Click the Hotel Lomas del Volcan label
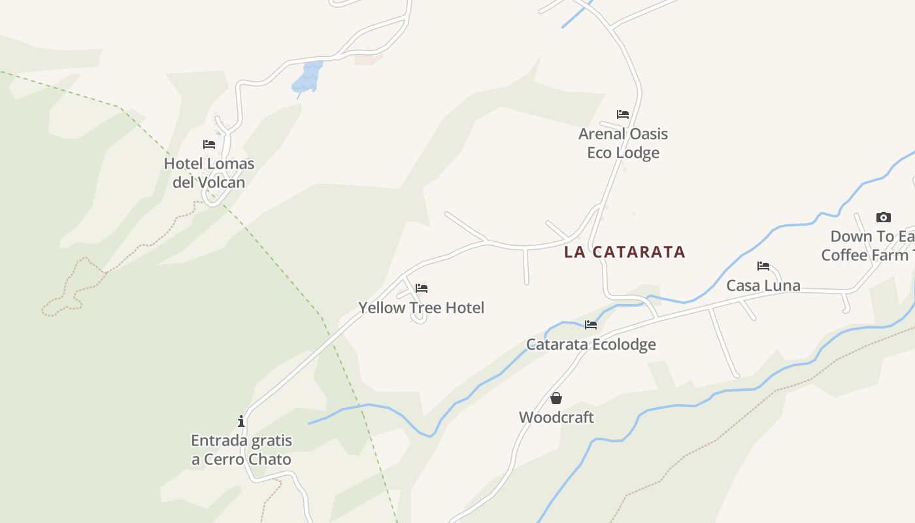point(209,173)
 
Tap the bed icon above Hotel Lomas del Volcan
point(209,144)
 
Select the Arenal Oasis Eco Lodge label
point(623,143)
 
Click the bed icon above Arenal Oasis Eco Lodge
point(623,114)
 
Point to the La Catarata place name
point(624,252)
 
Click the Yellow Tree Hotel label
point(421,307)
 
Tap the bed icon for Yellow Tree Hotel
point(422,288)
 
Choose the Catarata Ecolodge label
point(591,344)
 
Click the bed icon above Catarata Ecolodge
point(591,324)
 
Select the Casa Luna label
point(763,286)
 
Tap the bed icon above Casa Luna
point(763,266)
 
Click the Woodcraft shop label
point(556,417)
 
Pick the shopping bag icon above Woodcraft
point(556,397)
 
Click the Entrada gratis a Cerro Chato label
point(241,450)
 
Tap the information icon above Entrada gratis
point(241,421)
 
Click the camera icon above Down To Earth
point(883,217)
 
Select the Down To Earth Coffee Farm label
point(869,245)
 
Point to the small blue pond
point(307,76)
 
